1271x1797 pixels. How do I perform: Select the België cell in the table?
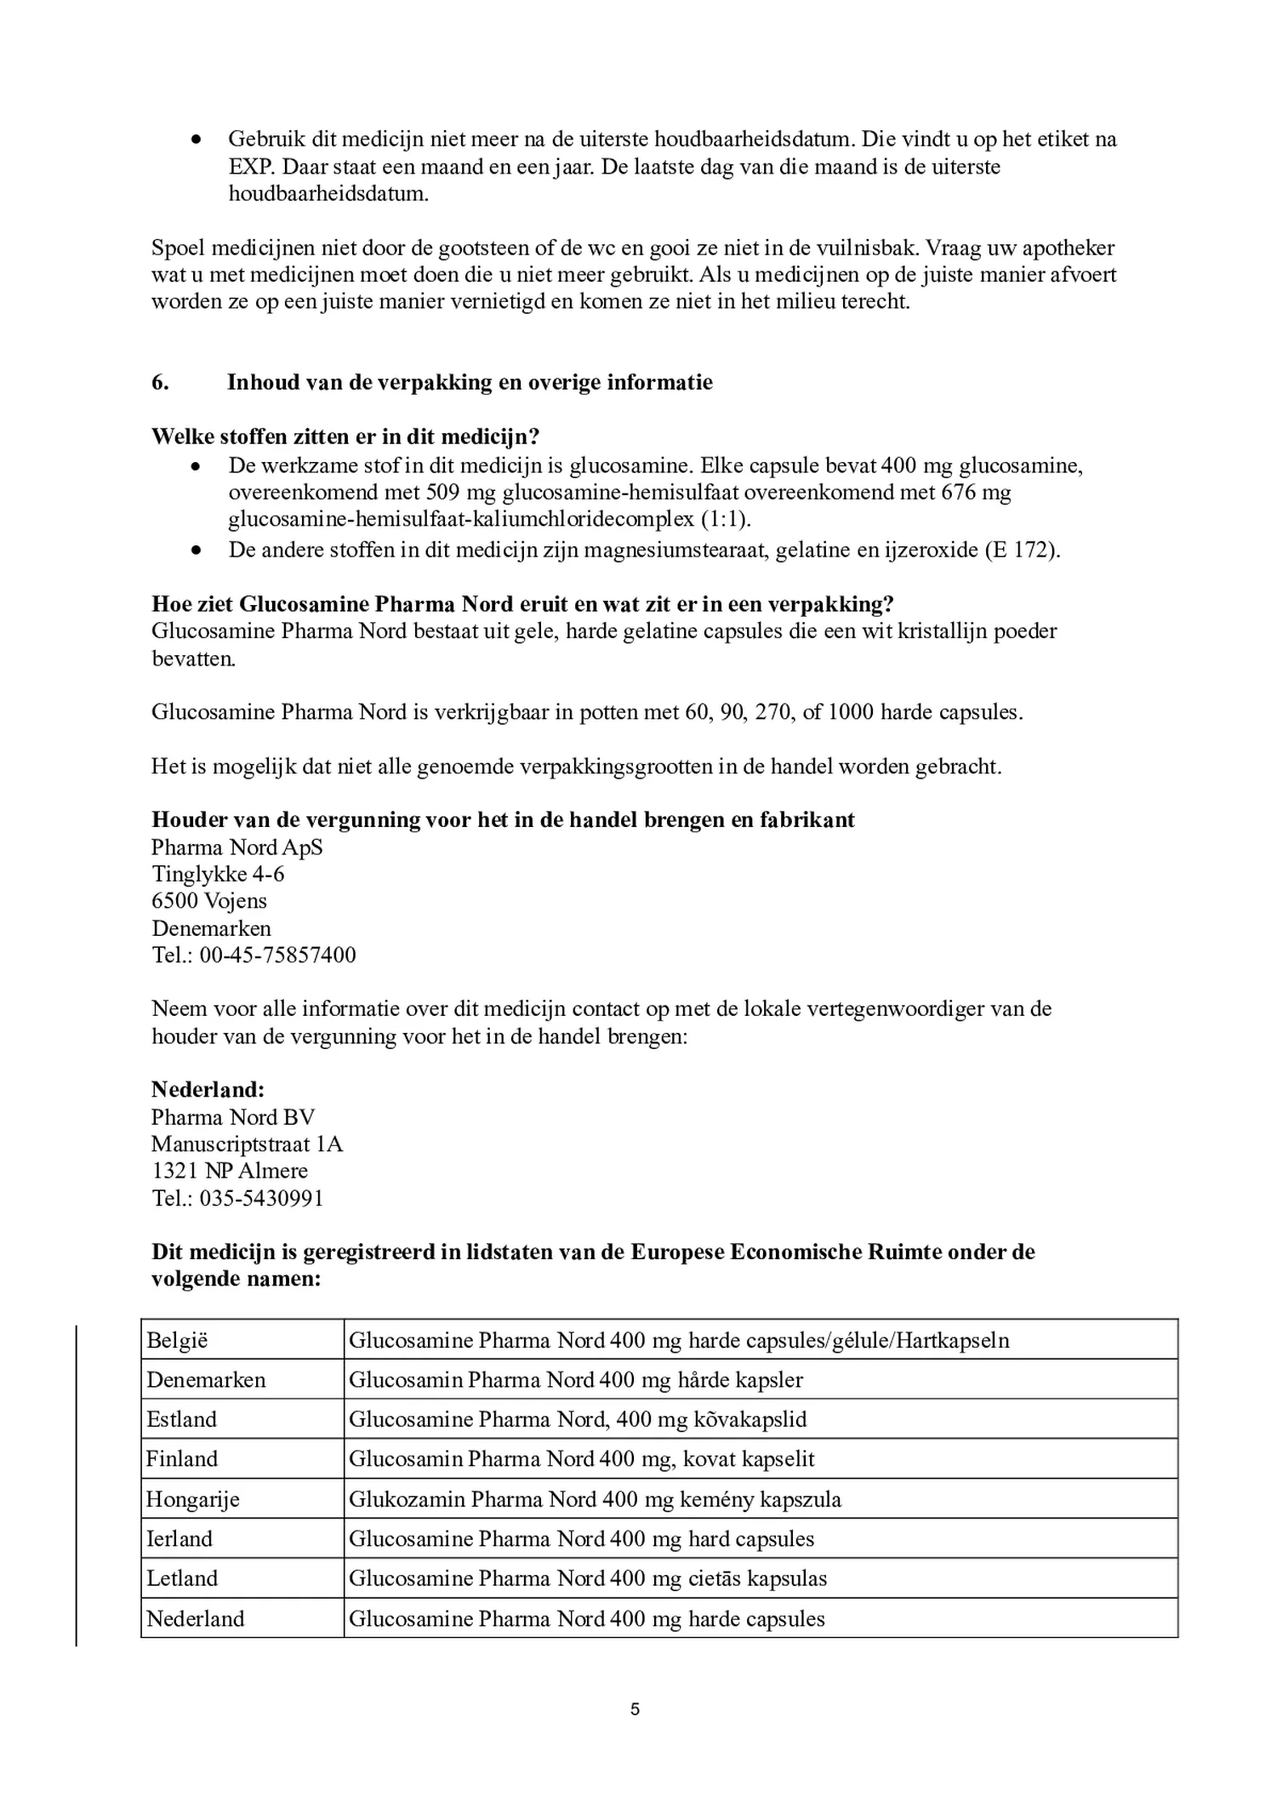[177, 1341]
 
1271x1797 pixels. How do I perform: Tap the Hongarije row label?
[192, 1499]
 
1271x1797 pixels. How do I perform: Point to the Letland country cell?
[182, 1578]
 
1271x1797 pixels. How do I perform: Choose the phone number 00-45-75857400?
[277, 955]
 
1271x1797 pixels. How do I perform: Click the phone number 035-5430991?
[261, 1198]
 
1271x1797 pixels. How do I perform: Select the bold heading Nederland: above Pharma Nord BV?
[208, 1090]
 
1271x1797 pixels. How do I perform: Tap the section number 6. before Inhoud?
[160, 382]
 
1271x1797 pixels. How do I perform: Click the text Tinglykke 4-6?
[218, 874]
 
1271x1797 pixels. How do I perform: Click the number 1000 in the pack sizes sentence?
[850, 712]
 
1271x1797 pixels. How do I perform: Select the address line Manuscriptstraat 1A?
[247, 1144]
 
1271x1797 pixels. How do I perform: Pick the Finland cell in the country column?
[182, 1459]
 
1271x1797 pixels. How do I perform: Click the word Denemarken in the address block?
[211, 927]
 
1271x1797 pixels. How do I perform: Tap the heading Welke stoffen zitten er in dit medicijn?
[345, 436]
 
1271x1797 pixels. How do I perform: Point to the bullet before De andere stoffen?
[197, 551]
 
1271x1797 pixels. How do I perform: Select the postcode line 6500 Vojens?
[209, 900]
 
